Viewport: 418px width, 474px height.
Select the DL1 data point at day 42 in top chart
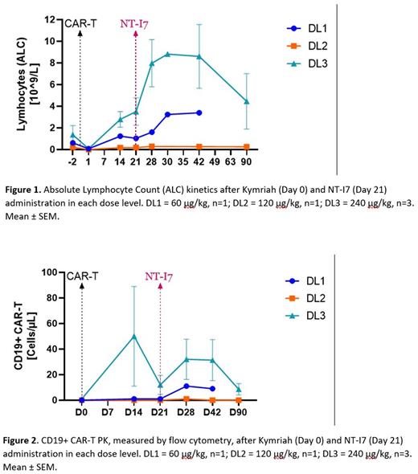[x=199, y=112]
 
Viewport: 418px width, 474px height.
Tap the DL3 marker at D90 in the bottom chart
[x=238, y=390]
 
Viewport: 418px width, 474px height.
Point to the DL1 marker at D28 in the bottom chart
[x=186, y=386]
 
